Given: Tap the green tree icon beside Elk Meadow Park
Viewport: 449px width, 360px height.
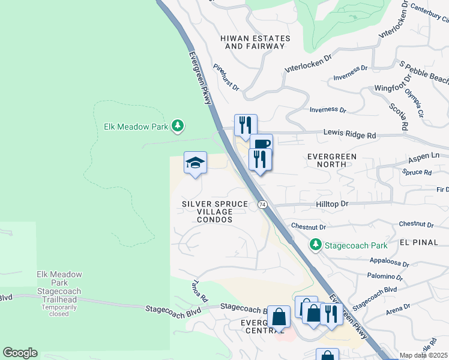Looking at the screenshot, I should pyautogui.click(x=177, y=125).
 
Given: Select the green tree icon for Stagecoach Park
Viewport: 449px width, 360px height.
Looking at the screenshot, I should pyautogui.click(x=315, y=244).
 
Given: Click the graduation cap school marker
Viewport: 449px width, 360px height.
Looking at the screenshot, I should pyautogui.click(x=195, y=163).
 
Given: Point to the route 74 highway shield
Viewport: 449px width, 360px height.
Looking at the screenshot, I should pyautogui.click(x=262, y=205).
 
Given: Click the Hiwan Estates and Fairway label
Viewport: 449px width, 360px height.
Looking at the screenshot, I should pyautogui.click(x=255, y=42).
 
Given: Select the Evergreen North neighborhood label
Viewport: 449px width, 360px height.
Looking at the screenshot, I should pyautogui.click(x=332, y=161).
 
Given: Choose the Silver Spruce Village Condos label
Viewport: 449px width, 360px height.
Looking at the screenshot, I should pyautogui.click(x=215, y=212).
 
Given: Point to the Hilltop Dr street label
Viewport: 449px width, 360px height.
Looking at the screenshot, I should pyautogui.click(x=332, y=204).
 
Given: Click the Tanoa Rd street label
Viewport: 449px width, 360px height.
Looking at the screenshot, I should pyautogui.click(x=199, y=290).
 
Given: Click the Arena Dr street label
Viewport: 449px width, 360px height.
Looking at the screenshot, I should pyautogui.click(x=399, y=307).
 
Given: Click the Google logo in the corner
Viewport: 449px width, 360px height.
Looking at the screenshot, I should pyautogui.click(x=20, y=353).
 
